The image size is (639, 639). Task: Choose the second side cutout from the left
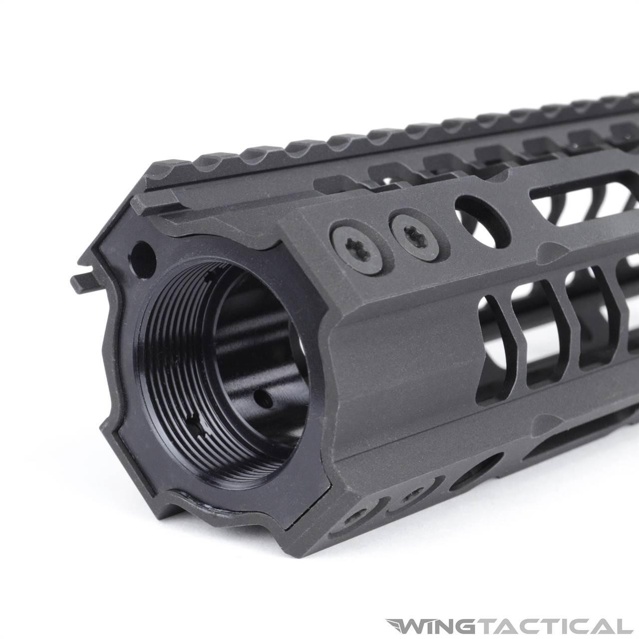[x=545, y=329]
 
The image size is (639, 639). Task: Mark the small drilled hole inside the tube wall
[x=260, y=398]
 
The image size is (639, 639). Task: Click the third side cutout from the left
[x=594, y=319]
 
